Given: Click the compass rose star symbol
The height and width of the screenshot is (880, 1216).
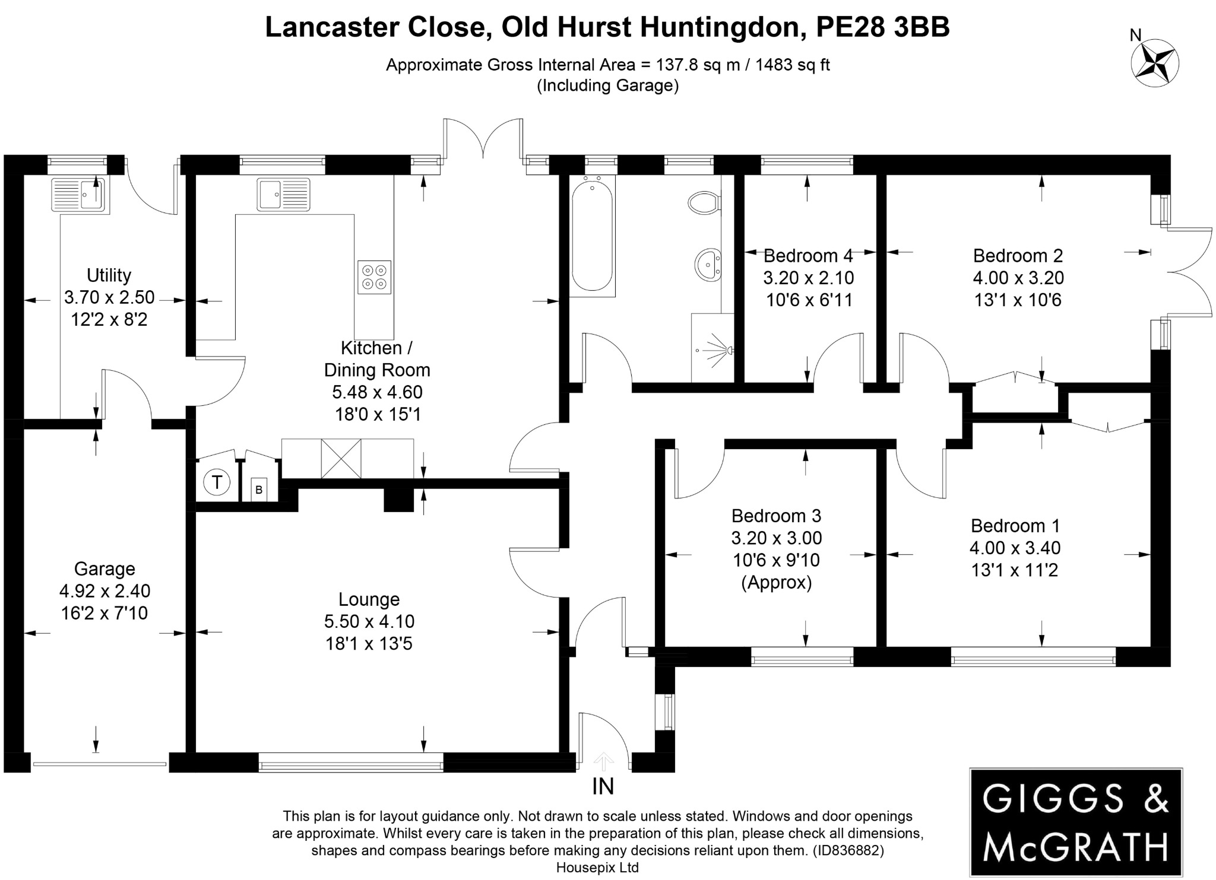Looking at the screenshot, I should [x=1155, y=62].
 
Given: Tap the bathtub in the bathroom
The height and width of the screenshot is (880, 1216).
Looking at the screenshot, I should [x=592, y=236].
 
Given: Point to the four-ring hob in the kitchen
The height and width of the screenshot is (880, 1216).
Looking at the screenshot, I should [x=375, y=277].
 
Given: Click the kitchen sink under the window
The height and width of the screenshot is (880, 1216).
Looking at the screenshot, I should [x=283, y=194].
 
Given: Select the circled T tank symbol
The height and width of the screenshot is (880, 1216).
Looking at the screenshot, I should [x=217, y=482].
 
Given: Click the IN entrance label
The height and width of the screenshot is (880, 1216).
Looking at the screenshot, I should [x=603, y=787].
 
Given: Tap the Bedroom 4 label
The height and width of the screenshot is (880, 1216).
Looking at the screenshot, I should [x=807, y=256].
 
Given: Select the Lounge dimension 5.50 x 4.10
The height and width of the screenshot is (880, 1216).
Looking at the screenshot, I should [x=369, y=621].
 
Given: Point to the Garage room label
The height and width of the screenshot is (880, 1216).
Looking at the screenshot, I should [x=104, y=568].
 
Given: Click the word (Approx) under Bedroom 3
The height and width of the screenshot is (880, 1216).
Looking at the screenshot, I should [x=776, y=582].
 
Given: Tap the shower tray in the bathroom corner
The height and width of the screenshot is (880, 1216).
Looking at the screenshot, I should [x=712, y=349].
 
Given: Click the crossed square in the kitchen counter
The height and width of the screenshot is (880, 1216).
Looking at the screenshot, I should [x=341, y=458].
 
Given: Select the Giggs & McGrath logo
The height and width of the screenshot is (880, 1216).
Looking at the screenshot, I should [x=1075, y=822].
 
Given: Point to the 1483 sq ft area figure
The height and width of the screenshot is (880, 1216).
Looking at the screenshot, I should [x=792, y=65].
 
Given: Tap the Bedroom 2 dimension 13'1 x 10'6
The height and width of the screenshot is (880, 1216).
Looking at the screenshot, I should [x=1018, y=300].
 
